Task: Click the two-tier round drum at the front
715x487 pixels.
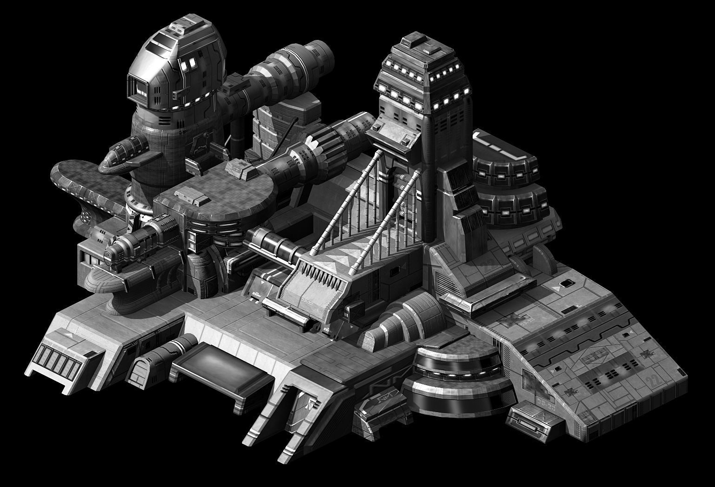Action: [459, 381]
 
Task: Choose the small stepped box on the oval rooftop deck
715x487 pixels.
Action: [198, 199]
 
